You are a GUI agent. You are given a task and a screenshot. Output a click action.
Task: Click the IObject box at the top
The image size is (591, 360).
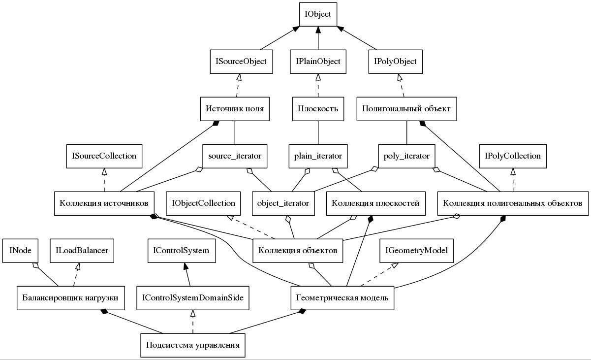(318, 14)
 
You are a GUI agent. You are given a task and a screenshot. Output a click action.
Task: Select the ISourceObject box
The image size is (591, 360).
(241, 62)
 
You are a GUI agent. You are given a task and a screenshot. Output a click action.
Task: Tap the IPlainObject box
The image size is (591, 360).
(318, 62)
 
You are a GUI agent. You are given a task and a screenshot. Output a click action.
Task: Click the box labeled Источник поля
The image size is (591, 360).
(235, 109)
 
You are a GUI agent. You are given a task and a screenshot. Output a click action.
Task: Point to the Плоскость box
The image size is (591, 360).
(318, 109)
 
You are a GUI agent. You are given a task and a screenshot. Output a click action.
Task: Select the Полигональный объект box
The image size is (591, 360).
(406, 109)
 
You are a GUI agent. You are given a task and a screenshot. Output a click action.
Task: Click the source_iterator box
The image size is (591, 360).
(235, 156)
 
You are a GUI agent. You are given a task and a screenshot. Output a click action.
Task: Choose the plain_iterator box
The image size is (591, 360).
(318, 156)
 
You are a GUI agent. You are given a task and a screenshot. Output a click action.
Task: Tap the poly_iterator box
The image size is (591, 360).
(406, 156)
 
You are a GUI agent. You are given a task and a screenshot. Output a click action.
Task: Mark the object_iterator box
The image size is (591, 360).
(283, 203)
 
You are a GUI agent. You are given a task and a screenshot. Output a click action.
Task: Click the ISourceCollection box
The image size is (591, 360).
(104, 156)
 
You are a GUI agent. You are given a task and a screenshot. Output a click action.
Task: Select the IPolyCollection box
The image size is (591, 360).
(513, 156)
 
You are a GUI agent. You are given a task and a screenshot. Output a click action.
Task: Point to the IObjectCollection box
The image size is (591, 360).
(203, 203)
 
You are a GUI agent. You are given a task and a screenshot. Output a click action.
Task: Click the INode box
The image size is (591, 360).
(20, 251)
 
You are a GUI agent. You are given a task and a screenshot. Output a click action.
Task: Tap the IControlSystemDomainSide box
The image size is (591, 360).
(193, 298)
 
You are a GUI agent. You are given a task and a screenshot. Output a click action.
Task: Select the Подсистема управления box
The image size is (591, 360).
(192, 345)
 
